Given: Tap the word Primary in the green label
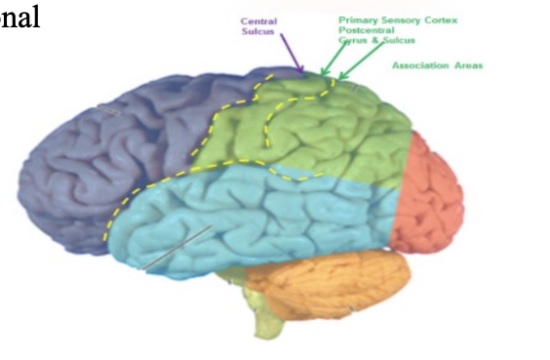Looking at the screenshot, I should tap(357, 20).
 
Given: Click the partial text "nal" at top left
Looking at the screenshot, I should tap(20, 19).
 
